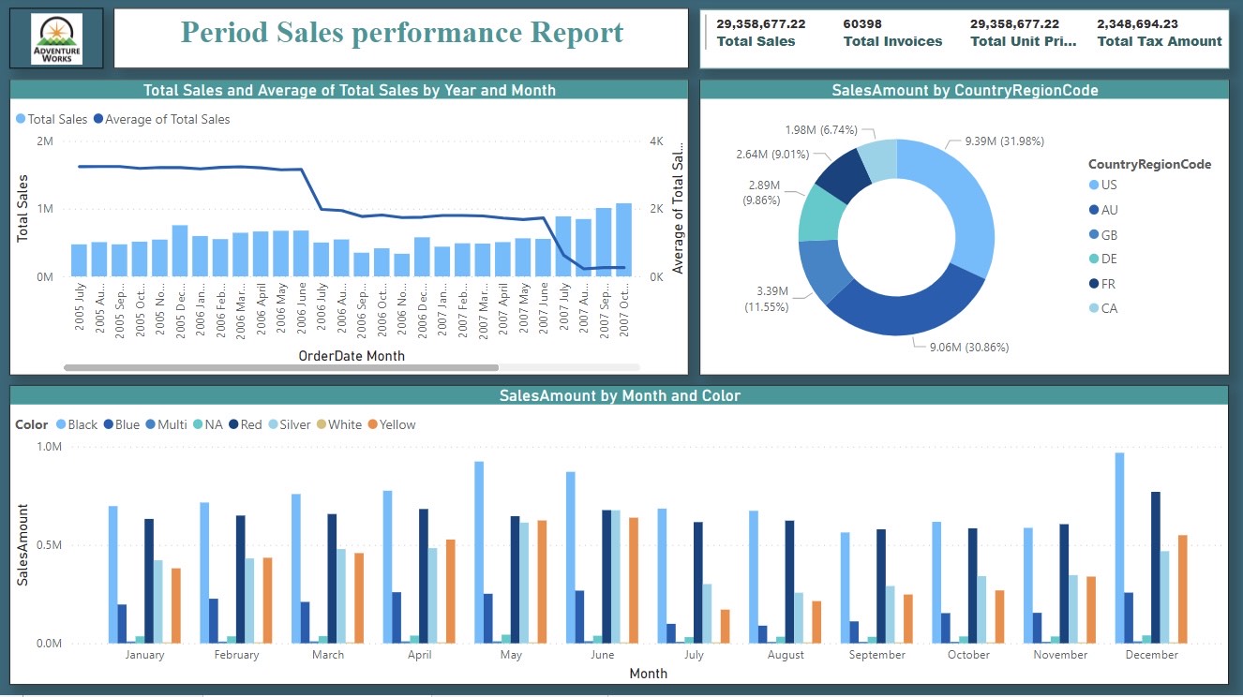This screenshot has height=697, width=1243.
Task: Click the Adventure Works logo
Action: (x=56, y=39)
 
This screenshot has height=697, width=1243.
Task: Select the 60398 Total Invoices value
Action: (x=862, y=23)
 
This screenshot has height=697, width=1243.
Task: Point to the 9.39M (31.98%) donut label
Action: (x=1004, y=141)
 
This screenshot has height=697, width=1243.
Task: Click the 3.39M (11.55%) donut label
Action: (x=766, y=300)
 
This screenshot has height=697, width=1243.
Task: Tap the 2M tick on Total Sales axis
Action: (x=44, y=141)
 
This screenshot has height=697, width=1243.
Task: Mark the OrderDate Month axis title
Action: (x=352, y=356)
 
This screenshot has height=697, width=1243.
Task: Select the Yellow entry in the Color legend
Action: (x=391, y=424)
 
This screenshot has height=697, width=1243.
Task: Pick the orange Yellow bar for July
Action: (x=725, y=626)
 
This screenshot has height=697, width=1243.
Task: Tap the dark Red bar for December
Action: (x=1156, y=567)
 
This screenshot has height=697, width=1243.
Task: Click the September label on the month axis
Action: (x=876, y=655)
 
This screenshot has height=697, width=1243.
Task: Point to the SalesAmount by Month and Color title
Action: (x=620, y=395)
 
